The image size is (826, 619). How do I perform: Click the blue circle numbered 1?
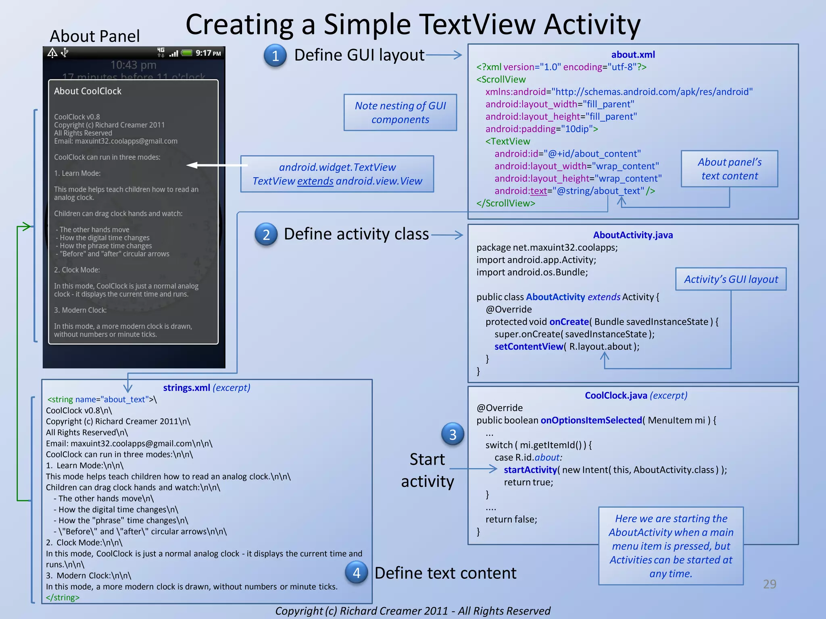(275, 56)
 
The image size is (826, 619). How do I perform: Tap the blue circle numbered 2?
(266, 235)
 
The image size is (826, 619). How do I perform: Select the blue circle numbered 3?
(453, 434)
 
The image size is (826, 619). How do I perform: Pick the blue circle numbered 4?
(357, 573)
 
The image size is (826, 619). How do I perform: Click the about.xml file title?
(633, 55)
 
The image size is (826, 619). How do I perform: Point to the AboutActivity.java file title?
(633, 235)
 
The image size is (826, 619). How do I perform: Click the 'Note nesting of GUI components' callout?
(400, 112)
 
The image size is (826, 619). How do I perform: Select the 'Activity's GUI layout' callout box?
(731, 279)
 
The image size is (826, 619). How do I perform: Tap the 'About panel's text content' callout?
(729, 169)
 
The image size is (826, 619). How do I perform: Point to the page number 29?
(770, 584)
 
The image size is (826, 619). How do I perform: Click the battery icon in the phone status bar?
(187, 53)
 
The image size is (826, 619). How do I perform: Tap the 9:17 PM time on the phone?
(208, 53)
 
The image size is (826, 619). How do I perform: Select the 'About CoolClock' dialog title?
(88, 91)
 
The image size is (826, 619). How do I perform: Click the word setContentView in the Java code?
(528, 347)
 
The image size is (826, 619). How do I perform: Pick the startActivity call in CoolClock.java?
(530, 470)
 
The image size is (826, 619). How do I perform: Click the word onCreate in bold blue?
(569, 322)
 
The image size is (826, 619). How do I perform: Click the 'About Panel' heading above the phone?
(95, 36)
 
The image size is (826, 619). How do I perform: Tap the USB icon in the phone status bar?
(65, 52)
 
